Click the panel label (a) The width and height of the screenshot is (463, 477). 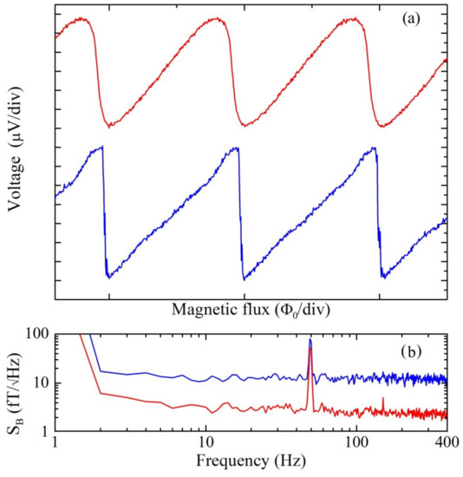(425, 16)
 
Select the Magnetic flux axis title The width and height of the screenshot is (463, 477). (251, 309)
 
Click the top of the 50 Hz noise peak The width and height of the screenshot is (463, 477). (310, 340)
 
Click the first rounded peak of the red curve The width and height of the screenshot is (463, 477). (80, 18)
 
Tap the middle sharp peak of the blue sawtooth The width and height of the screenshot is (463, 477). (237, 147)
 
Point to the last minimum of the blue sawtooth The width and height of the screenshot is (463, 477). (382, 278)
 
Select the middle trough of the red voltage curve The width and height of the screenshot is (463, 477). (245, 127)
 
